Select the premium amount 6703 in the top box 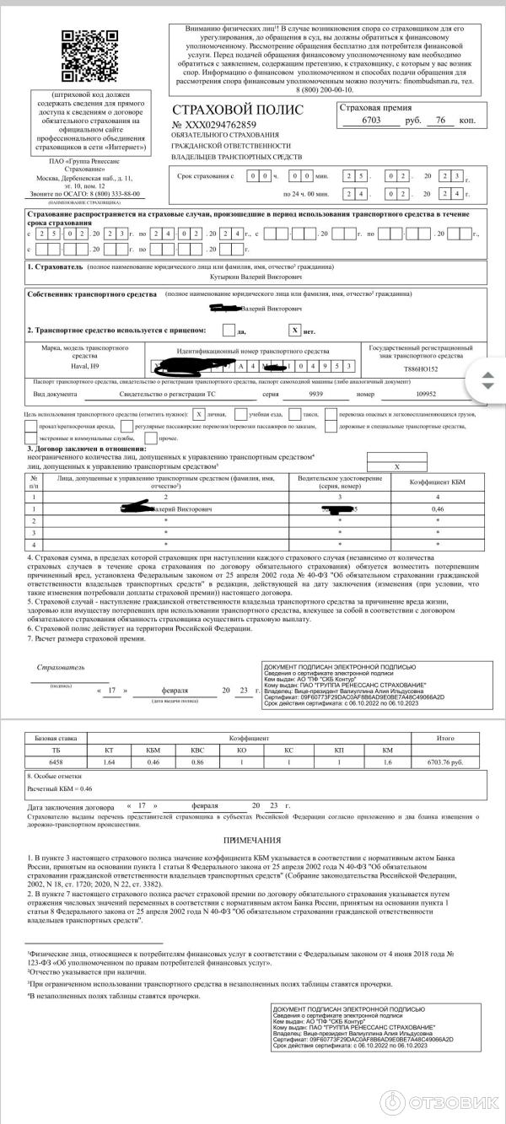coord(371,121)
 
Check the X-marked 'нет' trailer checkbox coord(295,331)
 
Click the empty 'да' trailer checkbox coord(229,331)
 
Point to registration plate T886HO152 coord(422,368)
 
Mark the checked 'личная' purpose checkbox coord(198,415)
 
